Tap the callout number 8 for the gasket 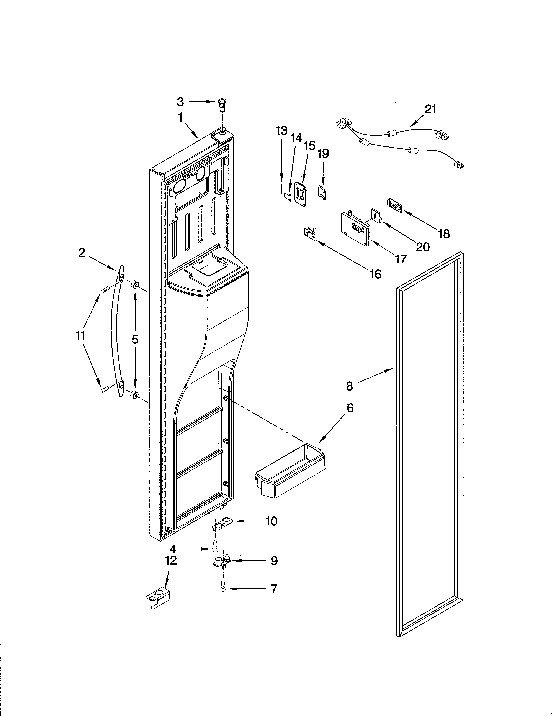[x=350, y=386]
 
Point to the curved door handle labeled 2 [x=118, y=331]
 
